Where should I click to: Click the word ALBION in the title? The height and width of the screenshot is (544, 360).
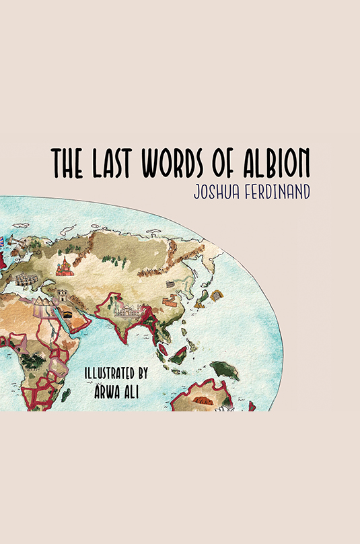273,163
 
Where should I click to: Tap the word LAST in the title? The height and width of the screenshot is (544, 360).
114,163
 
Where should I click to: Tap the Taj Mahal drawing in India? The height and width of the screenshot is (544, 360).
128,310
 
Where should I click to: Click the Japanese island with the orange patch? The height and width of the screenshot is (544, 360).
215,295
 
